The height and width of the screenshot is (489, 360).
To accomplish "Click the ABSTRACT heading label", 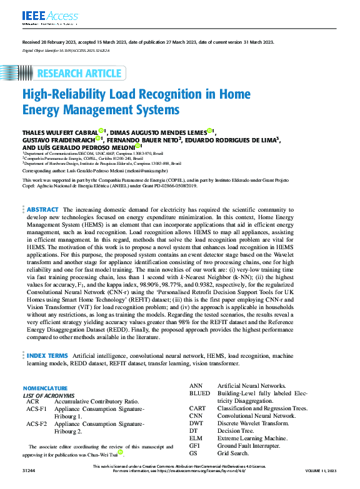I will click(x=43, y=210).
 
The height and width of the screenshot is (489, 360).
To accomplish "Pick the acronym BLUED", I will click(x=200, y=394).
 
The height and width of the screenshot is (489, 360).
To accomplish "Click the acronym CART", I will click(x=199, y=408).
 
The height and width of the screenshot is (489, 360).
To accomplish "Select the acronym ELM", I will click(x=197, y=438).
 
